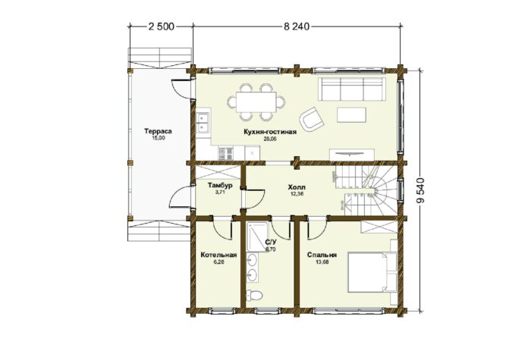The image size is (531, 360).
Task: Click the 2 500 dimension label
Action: click(x=161, y=27)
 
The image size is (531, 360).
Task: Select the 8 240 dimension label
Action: click(x=297, y=27)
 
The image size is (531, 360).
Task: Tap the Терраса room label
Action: click(x=158, y=131)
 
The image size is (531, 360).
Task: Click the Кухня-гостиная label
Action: click(x=270, y=132)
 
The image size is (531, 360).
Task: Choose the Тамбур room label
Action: click(x=220, y=186)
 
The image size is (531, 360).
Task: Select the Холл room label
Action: click(x=297, y=186)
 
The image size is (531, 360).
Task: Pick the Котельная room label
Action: click(x=218, y=255)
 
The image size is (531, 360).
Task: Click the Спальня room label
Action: click(x=322, y=255)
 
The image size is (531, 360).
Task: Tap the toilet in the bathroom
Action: click(x=254, y=295)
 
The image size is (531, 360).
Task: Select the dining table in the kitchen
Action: click(x=256, y=102)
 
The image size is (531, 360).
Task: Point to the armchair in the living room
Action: click(x=311, y=120)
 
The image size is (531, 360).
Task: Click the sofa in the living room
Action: click(x=352, y=89)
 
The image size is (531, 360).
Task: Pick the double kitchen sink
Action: click(x=203, y=123)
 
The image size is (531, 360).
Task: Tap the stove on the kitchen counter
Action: click(x=225, y=152)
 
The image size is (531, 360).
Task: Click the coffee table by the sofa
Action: click(x=351, y=114)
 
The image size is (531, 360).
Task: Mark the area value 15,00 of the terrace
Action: click(x=158, y=138)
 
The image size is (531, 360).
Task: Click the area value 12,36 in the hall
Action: click(x=297, y=193)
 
